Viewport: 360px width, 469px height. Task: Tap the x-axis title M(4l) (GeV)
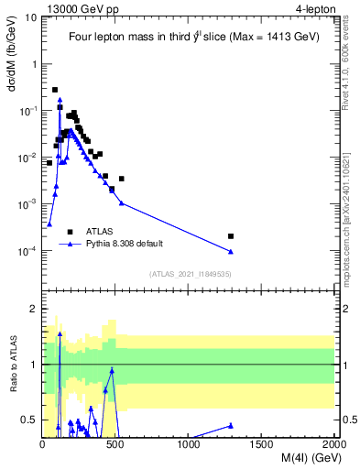(x=301, y=459)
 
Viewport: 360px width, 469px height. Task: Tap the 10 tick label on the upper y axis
(x=30, y=16)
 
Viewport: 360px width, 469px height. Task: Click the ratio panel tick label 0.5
(x=30, y=420)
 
